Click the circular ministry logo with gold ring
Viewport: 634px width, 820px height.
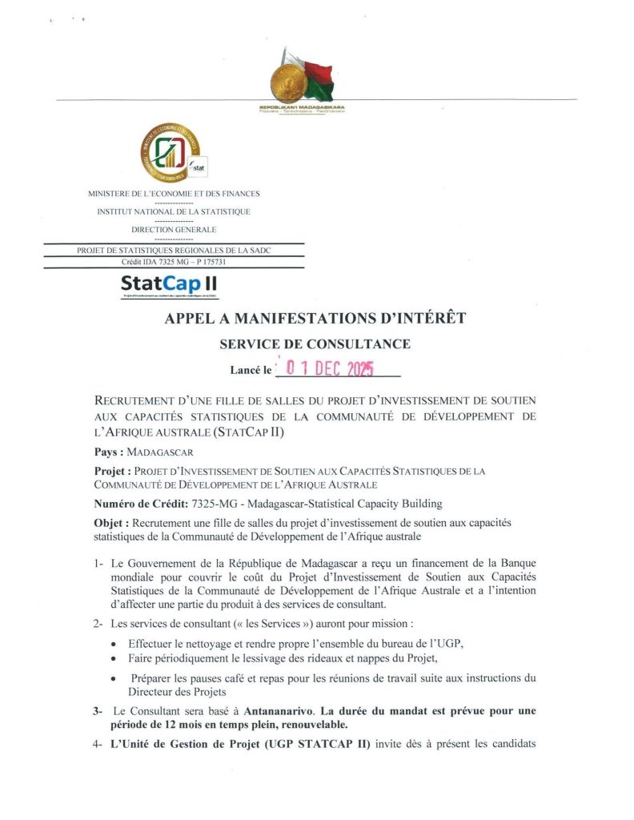click(x=169, y=153)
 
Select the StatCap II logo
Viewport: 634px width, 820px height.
click(x=168, y=283)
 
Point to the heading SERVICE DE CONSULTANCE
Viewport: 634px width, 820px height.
click(x=315, y=344)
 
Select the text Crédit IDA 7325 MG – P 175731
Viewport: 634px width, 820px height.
click(x=173, y=261)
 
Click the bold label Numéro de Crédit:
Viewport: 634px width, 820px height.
click(x=141, y=503)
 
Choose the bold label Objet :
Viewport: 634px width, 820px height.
click(x=112, y=522)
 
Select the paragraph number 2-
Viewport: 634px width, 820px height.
click(x=98, y=624)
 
